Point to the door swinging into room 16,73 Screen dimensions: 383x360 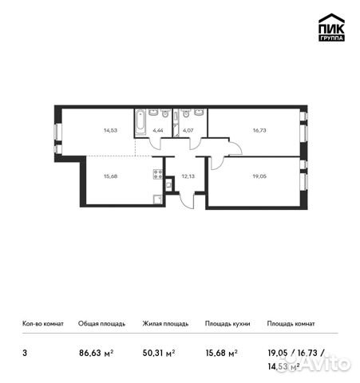233,148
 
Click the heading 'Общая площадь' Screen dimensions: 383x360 101,324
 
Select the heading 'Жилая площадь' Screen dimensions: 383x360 164,324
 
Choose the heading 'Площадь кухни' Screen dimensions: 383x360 227,324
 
